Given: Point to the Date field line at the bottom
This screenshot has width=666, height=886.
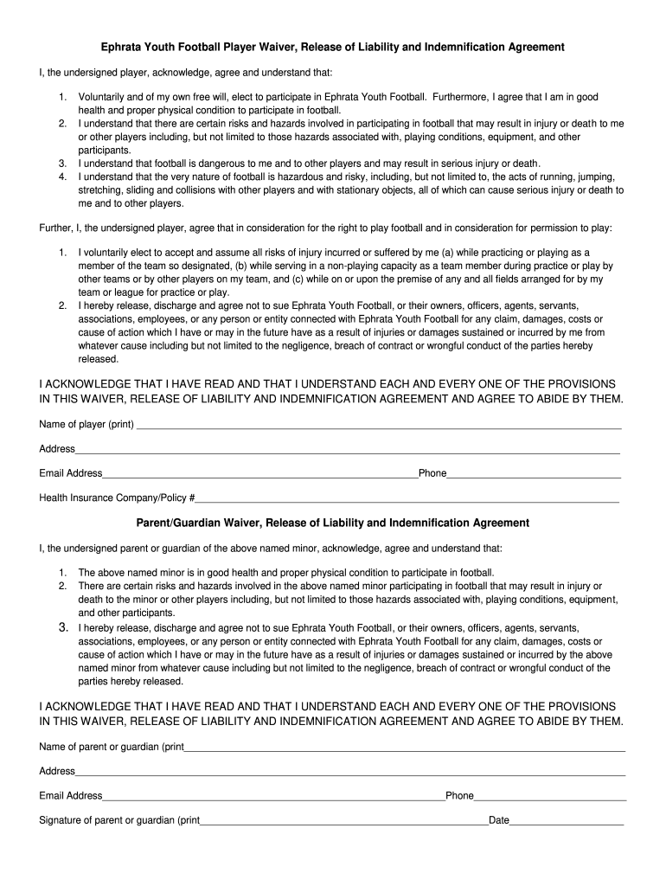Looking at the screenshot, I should point(567,823).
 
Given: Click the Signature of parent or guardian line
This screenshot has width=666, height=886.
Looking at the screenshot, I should point(344,823).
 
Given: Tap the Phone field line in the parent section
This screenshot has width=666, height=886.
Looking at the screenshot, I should point(550,799).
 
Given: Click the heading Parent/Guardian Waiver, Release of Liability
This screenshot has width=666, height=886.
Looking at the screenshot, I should point(333,523).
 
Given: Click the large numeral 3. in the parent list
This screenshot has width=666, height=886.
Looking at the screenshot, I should point(62,627).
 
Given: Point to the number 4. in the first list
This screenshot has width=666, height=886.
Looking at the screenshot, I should point(62,177).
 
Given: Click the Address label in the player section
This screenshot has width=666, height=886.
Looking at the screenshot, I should point(57,449).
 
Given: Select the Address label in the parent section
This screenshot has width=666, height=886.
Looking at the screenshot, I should point(57,771).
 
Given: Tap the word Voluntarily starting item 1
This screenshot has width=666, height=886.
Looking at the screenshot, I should point(105,98).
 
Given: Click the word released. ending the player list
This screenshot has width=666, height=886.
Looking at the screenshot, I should point(99,358).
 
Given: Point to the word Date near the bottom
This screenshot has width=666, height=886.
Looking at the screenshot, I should point(499,819).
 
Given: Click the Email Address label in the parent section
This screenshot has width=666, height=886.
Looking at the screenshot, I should point(71,796).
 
